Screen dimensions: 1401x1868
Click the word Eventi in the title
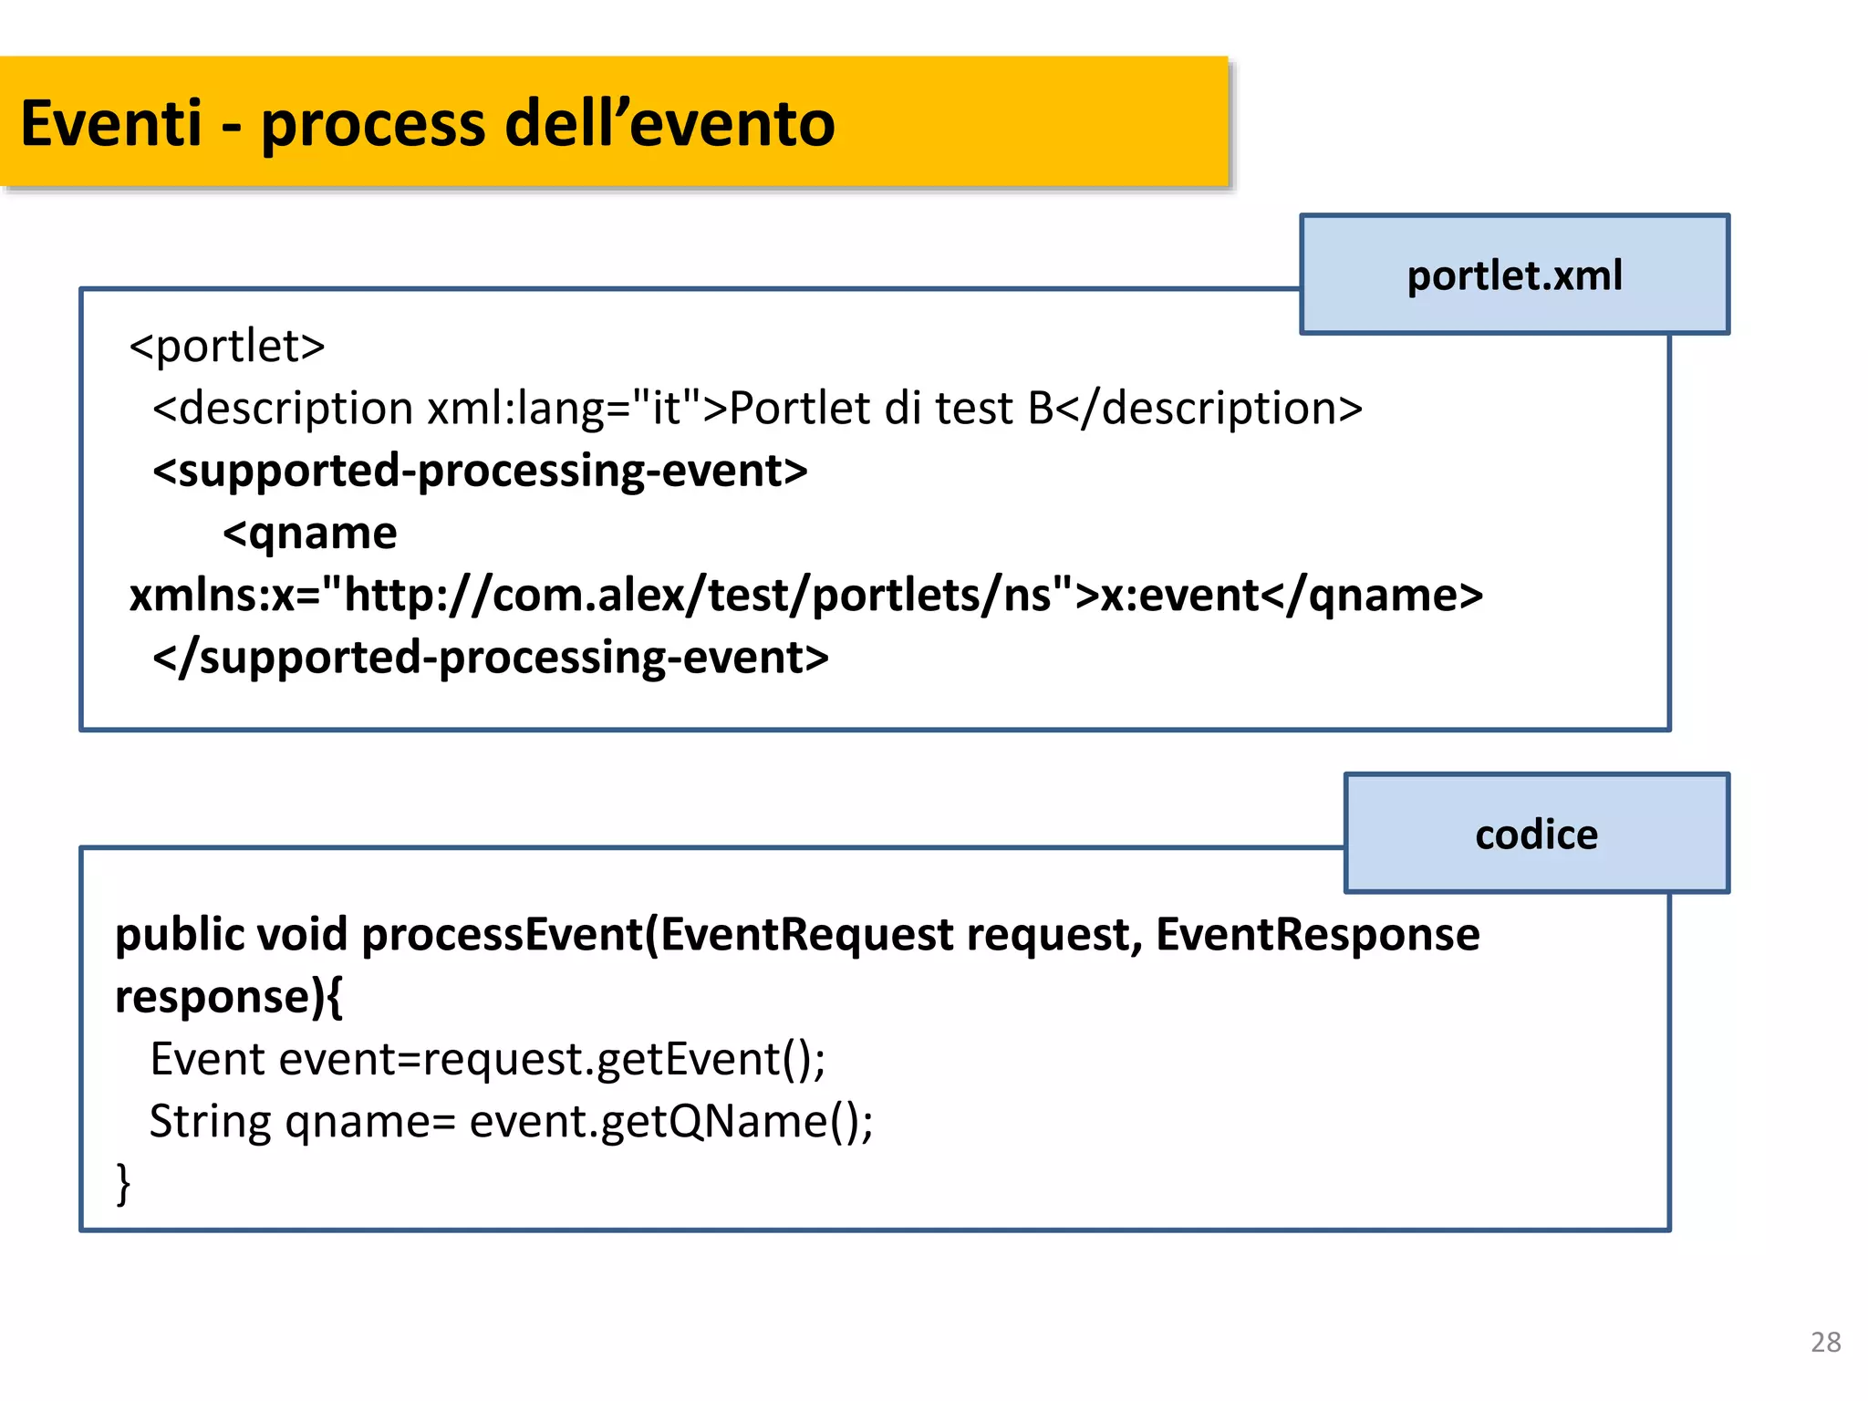click(110, 123)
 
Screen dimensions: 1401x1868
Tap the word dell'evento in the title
click(669, 123)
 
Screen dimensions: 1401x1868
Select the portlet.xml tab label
click(1514, 275)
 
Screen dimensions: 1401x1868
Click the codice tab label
click(1536, 835)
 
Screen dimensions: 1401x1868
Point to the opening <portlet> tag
click(227, 346)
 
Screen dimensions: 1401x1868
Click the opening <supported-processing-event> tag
click(480, 471)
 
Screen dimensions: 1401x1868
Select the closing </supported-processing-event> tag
click(491, 658)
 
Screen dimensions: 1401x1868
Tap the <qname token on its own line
click(310, 533)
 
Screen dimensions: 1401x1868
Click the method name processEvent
click(502, 935)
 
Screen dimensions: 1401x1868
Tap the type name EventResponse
click(1317, 935)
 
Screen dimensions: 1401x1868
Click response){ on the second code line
click(229, 997)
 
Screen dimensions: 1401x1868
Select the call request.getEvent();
click(624, 1060)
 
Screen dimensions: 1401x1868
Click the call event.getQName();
click(671, 1122)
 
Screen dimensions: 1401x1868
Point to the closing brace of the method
click(123, 1184)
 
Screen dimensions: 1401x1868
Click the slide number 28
click(1825, 1342)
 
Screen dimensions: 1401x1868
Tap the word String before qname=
click(211, 1122)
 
